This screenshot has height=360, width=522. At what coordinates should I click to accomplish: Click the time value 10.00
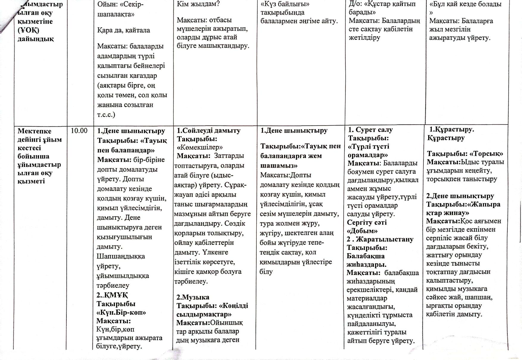coord(79,131)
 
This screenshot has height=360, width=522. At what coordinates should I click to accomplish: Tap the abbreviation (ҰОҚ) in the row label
coord(28,30)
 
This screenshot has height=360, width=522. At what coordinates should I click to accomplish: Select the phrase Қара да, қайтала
coord(124,30)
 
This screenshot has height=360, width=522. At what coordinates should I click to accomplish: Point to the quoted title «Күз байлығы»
coord(285,4)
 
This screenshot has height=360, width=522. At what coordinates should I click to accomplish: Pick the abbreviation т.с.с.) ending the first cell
coord(106,115)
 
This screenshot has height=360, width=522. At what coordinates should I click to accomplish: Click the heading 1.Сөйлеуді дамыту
coord(208,131)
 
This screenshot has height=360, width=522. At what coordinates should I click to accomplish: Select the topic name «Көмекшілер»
coord(200,147)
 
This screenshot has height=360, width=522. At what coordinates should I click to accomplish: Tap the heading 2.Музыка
coord(193,297)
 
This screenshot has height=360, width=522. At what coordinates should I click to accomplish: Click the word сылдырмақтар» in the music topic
coord(204,314)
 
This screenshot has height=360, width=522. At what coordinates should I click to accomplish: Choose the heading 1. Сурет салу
coord(370,130)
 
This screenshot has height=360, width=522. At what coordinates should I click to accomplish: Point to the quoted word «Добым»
coord(362,231)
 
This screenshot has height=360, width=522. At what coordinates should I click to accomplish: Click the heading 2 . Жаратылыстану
coord(380,239)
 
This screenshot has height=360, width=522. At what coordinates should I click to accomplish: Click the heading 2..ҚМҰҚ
coord(112,295)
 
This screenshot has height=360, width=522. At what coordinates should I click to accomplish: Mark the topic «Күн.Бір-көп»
coord(121,312)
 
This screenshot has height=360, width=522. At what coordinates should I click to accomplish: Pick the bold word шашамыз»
coord(279,166)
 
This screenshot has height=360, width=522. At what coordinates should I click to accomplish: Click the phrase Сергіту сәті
coord(367,223)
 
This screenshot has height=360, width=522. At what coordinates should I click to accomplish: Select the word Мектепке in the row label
coord(34,131)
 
